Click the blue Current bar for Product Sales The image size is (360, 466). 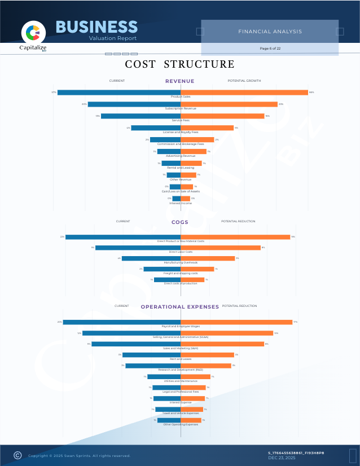(118, 93)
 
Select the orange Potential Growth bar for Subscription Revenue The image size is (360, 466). (229, 104)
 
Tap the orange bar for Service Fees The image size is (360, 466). (222, 116)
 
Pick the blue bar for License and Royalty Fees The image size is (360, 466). (156, 128)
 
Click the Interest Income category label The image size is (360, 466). (181, 203)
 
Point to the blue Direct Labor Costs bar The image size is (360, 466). (138, 248)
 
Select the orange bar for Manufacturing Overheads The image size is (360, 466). (208, 258)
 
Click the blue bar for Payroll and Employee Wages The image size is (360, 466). (121, 322)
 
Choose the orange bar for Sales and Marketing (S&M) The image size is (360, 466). (222, 344)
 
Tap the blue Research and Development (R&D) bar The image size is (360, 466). (153, 366)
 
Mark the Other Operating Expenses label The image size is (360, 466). (181, 424)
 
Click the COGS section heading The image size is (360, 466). (180, 222)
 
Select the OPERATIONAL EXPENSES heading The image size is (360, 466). (179, 307)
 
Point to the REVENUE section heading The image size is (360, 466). (179, 81)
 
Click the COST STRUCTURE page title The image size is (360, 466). (179, 64)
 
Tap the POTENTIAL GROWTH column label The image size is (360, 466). (244, 81)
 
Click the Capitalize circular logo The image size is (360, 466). (33, 32)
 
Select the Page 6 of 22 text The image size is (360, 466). (270, 49)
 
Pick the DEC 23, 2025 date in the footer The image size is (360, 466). (282, 458)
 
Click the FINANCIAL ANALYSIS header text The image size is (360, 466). (270, 32)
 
